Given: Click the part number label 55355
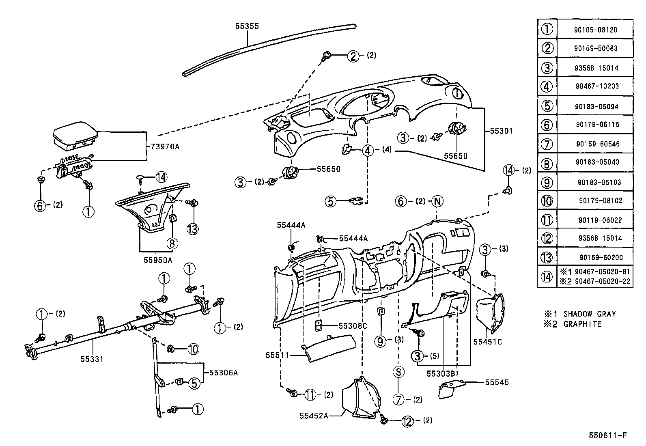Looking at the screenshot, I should pyautogui.click(x=247, y=26).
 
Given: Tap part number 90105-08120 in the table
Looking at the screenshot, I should pyautogui.click(x=595, y=30).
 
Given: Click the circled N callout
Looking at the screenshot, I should pyautogui.click(x=437, y=201).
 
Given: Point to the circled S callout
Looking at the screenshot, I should pyautogui.click(x=398, y=372).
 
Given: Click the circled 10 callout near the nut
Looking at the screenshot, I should pyautogui.click(x=194, y=349).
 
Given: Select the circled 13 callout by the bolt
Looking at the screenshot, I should pyautogui.click(x=193, y=229).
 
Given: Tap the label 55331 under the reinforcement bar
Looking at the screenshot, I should pyautogui.click(x=91, y=359).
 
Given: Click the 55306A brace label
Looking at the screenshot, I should pyautogui.click(x=223, y=372).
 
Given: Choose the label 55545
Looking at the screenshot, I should pyautogui.click(x=496, y=382).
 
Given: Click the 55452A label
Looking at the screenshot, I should pyautogui.click(x=314, y=416).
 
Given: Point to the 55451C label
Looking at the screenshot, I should pyautogui.click(x=487, y=342).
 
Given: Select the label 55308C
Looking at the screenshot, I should pyautogui.click(x=353, y=325).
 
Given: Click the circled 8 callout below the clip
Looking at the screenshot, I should pyautogui.click(x=172, y=243).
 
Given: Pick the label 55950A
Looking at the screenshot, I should pyautogui.click(x=158, y=260).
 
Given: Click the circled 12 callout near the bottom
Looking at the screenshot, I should pyautogui.click(x=407, y=422).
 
